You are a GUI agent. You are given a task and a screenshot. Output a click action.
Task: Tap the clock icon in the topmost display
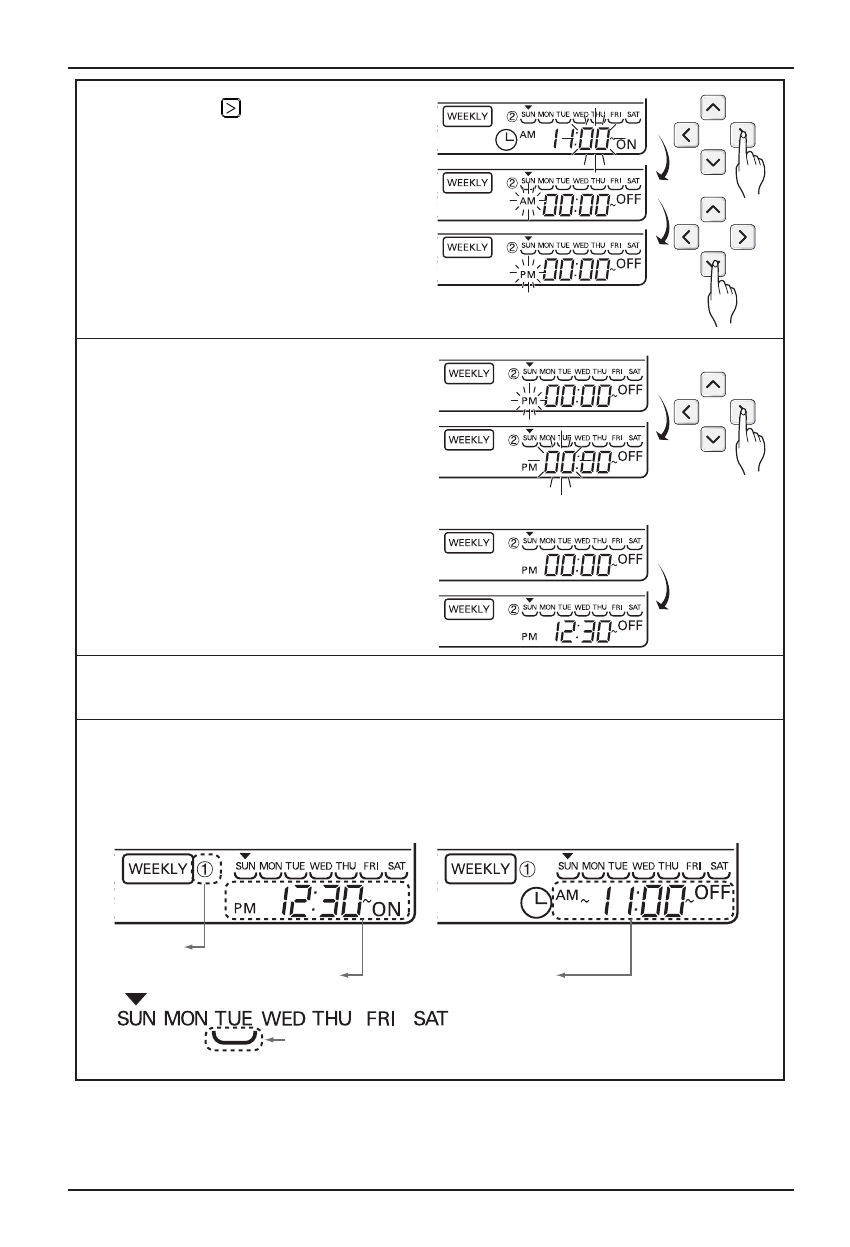coord(508,141)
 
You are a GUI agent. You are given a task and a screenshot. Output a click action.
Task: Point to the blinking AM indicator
coord(528,201)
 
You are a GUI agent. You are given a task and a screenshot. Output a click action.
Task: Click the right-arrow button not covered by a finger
coord(741,237)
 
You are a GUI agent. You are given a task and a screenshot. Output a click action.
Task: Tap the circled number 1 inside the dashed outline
coord(205,870)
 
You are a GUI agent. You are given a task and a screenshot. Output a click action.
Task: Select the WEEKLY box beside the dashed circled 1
coord(156,870)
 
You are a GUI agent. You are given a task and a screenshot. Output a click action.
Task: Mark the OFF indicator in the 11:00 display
coord(712,890)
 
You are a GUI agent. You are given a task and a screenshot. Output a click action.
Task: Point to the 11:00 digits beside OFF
coord(634,903)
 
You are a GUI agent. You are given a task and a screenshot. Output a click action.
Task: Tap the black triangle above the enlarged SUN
coord(137,999)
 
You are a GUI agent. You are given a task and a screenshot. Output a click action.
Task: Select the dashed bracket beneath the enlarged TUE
coord(232,1041)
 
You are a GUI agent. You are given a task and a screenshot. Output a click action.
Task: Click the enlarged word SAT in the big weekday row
coord(431,1021)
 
